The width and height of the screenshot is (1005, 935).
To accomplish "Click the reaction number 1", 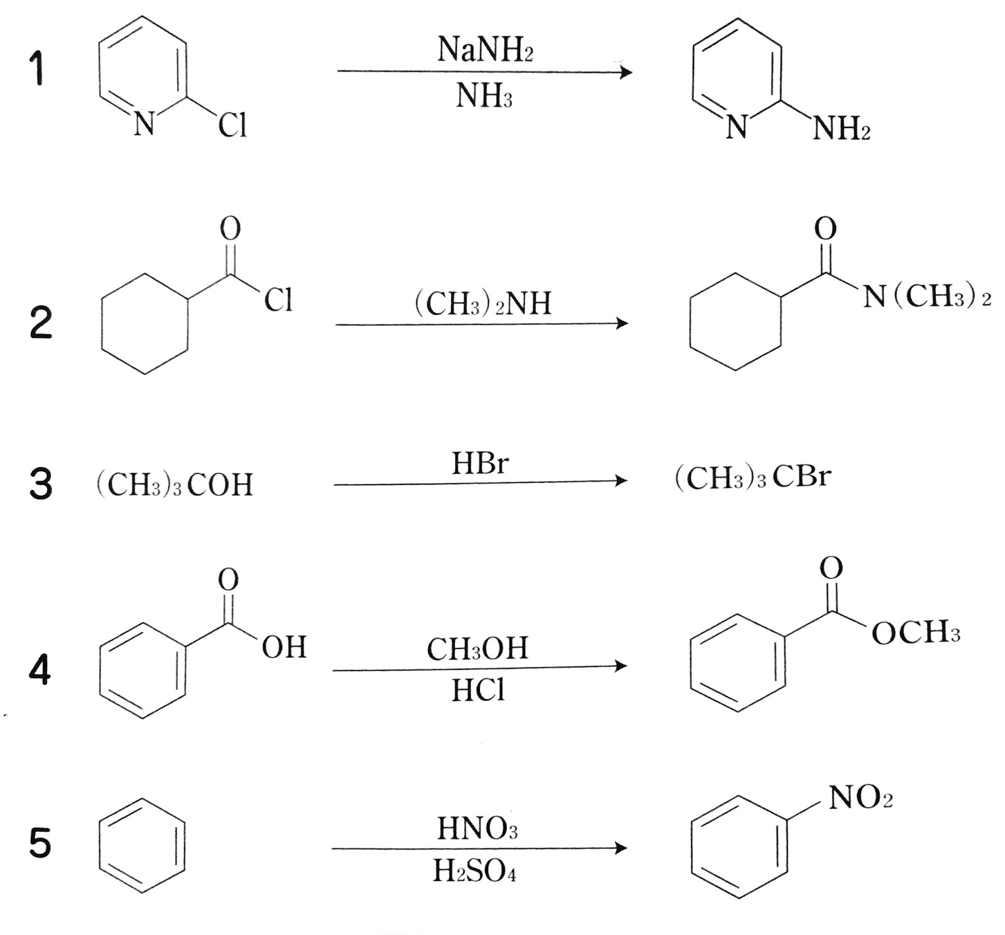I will click(x=38, y=68).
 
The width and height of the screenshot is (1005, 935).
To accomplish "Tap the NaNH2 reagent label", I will click(x=485, y=49).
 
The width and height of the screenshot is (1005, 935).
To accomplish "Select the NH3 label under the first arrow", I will click(x=484, y=96).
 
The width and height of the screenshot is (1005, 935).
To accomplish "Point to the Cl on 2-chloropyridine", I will click(x=232, y=125).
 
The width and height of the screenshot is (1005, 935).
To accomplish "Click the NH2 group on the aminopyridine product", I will click(x=841, y=129).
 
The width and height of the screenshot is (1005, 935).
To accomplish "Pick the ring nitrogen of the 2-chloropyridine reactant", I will click(x=144, y=124).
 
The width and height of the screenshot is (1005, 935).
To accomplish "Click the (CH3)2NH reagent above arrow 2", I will click(x=482, y=303).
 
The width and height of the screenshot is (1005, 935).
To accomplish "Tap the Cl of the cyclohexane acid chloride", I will click(x=278, y=300).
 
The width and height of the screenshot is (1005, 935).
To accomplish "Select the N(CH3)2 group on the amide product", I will click(x=926, y=296).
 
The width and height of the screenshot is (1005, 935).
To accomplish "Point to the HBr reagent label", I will click(x=480, y=464).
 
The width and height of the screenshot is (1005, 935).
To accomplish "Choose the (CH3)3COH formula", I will click(x=175, y=484).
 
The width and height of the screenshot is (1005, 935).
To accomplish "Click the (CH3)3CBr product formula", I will click(x=752, y=478).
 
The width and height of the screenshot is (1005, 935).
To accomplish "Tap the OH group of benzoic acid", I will click(x=284, y=647).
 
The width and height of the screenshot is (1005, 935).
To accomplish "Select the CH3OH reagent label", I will click(x=477, y=649).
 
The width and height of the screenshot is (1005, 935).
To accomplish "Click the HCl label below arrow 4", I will click(x=477, y=691).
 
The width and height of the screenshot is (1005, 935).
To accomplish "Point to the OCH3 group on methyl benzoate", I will click(x=916, y=632).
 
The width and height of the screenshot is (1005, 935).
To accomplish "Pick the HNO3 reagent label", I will click(x=477, y=828).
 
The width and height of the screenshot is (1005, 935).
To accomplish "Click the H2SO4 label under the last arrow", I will click(x=474, y=871).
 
